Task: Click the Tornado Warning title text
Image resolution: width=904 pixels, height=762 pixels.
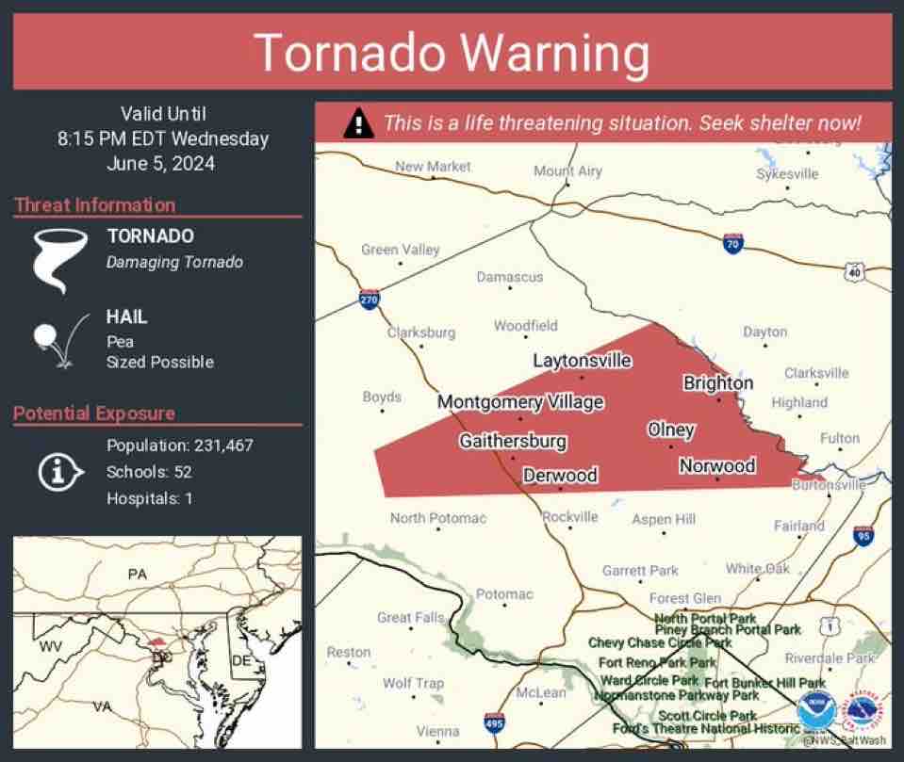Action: pyautogui.click(x=452, y=53)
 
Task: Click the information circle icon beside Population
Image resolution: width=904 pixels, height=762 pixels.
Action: pyautogui.click(x=57, y=471)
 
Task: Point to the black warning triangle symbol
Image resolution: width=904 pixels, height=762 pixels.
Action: pyautogui.click(x=357, y=123)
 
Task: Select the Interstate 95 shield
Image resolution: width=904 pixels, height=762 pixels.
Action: pyautogui.click(x=863, y=535)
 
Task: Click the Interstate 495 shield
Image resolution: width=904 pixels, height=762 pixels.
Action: pyautogui.click(x=494, y=723)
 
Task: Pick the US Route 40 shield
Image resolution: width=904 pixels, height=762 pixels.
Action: pyautogui.click(x=855, y=271)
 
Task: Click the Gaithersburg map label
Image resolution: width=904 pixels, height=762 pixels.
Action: pyautogui.click(x=513, y=441)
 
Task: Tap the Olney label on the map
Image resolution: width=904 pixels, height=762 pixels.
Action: pyautogui.click(x=671, y=430)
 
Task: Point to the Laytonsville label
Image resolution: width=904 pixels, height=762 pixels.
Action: pyautogui.click(x=582, y=360)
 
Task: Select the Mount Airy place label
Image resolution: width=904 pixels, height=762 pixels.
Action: pyautogui.click(x=567, y=170)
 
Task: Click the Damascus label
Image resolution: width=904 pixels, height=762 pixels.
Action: pyautogui.click(x=509, y=277)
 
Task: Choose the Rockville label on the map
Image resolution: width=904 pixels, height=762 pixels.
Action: pyautogui.click(x=570, y=516)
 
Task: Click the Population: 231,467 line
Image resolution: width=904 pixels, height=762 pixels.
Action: pyautogui.click(x=179, y=446)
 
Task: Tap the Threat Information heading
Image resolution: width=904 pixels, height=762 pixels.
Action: pyautogui.click(x=94, y=205)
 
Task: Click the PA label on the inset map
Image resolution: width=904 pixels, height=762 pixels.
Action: pyautogui.click(x=138, y=574)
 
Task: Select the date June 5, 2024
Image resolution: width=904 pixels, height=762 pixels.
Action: pyautogui.click(x=162, y=163)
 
